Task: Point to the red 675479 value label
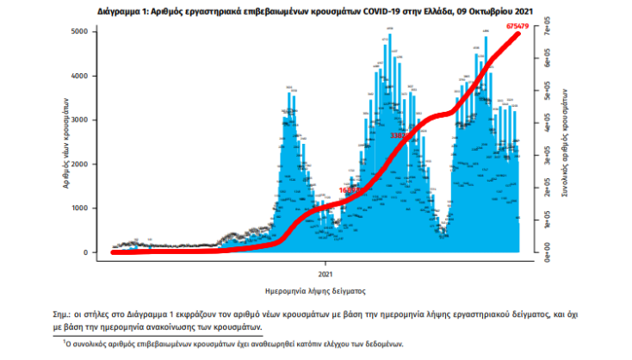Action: (517, 28)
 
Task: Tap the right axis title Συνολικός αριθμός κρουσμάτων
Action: (563, 142)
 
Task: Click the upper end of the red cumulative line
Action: (521, 35)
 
